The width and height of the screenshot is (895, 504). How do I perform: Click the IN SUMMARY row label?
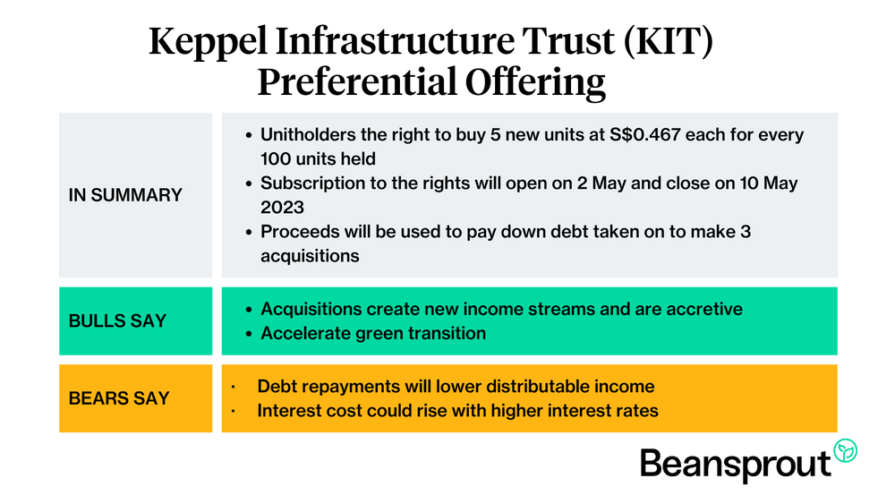coord(125,195)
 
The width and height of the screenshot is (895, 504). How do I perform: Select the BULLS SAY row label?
coord(117,320)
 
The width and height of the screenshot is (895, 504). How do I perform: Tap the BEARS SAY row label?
coord(118,398)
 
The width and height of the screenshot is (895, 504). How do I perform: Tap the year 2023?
coord(284,208)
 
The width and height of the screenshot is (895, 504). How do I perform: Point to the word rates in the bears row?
coord(638,411)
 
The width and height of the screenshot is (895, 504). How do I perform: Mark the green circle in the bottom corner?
coord(845,451)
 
